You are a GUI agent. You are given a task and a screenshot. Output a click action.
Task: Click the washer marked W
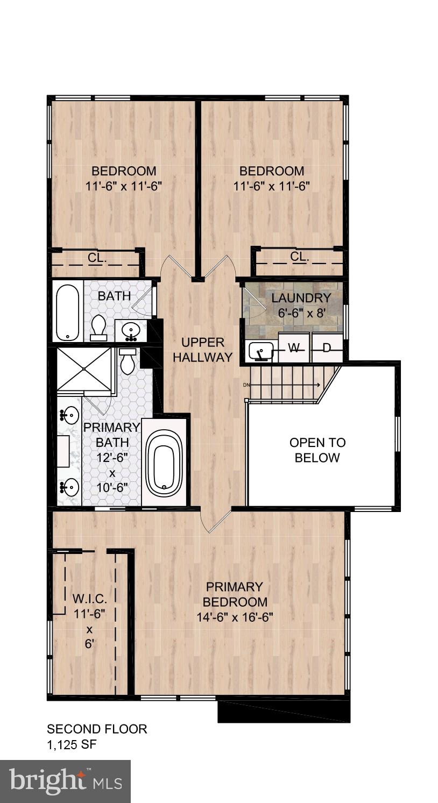[294, 348]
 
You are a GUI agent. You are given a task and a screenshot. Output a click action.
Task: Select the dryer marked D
[327, 348]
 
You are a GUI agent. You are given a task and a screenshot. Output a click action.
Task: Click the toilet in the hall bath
[98, 328]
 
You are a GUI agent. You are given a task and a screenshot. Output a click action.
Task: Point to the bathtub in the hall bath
[68, 311]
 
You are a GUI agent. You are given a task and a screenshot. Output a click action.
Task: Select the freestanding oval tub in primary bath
[164, 463]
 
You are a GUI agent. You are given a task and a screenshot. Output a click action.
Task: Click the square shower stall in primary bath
[84, 369]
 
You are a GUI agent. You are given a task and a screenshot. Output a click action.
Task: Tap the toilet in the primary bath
[128, 362]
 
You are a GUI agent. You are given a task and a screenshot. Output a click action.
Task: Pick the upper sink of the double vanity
[69, 415]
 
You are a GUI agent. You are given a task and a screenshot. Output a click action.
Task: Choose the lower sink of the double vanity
[69, 487]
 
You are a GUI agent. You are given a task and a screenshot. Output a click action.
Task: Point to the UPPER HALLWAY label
[203, 350]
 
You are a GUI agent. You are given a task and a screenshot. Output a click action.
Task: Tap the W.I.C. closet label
[90, 599]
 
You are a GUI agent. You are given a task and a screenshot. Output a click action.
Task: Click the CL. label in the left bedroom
[97, 258]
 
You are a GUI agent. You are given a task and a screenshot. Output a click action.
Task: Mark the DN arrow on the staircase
[285, 385]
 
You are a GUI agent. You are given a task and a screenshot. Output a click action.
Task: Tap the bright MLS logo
[65, 781]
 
